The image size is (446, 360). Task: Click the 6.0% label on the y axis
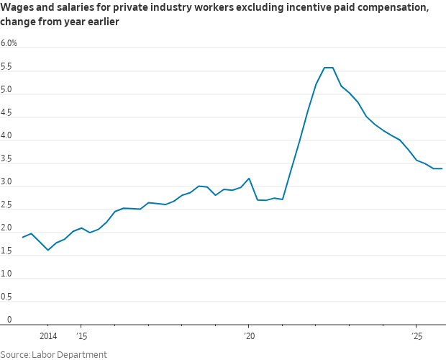click(x=9, y=43)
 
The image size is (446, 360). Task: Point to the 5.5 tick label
click(x=7, y=67)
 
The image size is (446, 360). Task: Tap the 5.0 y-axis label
click(x=7, y=90)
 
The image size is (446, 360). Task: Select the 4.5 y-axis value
click(x=7, y=113)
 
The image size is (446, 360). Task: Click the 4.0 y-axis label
click(x=7, y=136)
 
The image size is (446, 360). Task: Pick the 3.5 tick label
click(x=7, y=159)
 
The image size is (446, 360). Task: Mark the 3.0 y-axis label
click(x=7, y=182)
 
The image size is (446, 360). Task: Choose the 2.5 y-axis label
click(x=7, y=205)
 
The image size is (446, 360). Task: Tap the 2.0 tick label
click(x=7, y=228)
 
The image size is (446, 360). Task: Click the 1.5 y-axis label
click(x=7, y=251)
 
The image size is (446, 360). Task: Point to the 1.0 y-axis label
click(x=7, y=274)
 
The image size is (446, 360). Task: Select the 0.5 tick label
click(x=7, y=297)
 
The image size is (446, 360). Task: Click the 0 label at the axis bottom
click(x=9, y=320)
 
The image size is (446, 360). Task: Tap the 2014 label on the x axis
click(x=48, y=336)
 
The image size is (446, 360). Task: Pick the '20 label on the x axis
click(x=249, y=336)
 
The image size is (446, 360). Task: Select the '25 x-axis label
click(x=417, y=336)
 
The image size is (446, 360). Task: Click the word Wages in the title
click(x=18, y=8)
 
